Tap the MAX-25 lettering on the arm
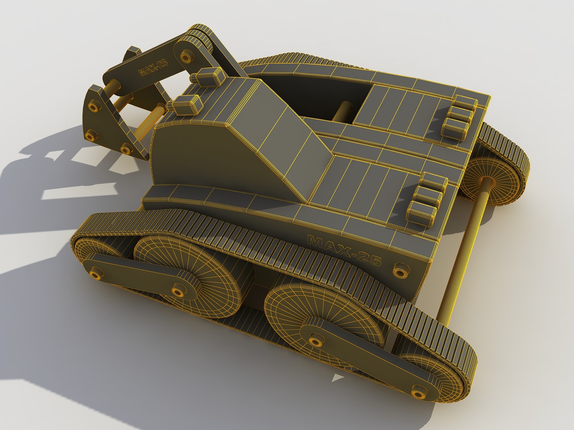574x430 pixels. click(x=153, y=67)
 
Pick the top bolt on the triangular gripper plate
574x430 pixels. click(x=95, y=106)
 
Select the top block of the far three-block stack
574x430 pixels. click(x=464, y=103)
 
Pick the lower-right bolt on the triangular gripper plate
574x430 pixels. click(x=126, y=150)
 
